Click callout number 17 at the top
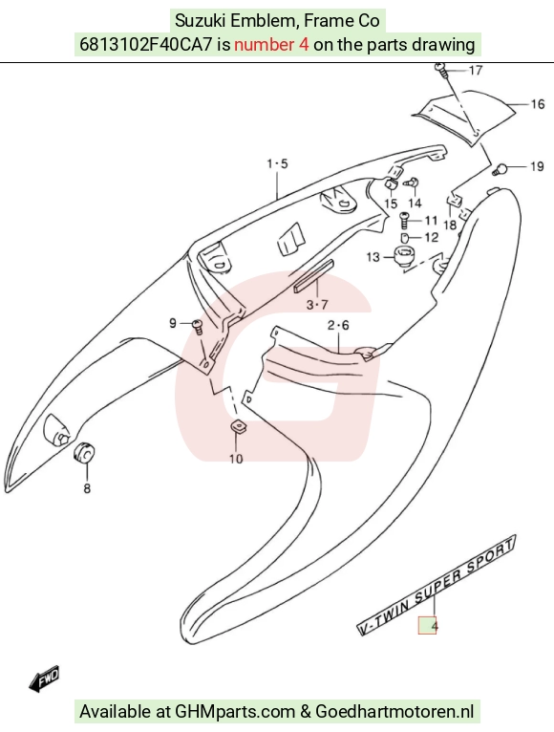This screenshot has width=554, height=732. pyautogui.click(x=475, y=71)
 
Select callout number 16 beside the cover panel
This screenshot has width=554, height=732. pyautogui.click(x=538, y=103)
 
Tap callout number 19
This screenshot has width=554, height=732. pyautogui.click(x=537, y=166)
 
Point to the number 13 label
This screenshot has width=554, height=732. pyautogui.click(x=373, y=257)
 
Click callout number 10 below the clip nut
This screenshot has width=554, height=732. pyautogui.click(x=236, y=459)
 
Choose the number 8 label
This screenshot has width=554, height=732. pyautogui.click(x=87, y=488)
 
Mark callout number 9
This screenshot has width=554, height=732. pyautogui.click(x=173, y=323)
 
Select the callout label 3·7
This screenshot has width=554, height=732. pyautogui.click(x=317, y=305)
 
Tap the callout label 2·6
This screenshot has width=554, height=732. pyautogui.click(x=338, y=325)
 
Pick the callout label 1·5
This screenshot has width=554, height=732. pyautogui.click(x=277, y=163)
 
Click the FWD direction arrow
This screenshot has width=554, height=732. pyautogui.click(x=44, y=678)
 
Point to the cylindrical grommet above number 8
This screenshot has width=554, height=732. pyautogui.click(x=84, y=453)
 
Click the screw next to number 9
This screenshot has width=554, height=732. pyautogui.click(x=198, y=326)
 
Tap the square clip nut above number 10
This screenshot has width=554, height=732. pyautogui.click(x=239, y=427)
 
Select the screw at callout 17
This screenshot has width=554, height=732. pyautogui.click(x=441, y=71)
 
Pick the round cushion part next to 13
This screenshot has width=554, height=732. pyautogui.click(x=404, y=257)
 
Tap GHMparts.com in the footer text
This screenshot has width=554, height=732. pyautogui.click(x=235, y=712)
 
